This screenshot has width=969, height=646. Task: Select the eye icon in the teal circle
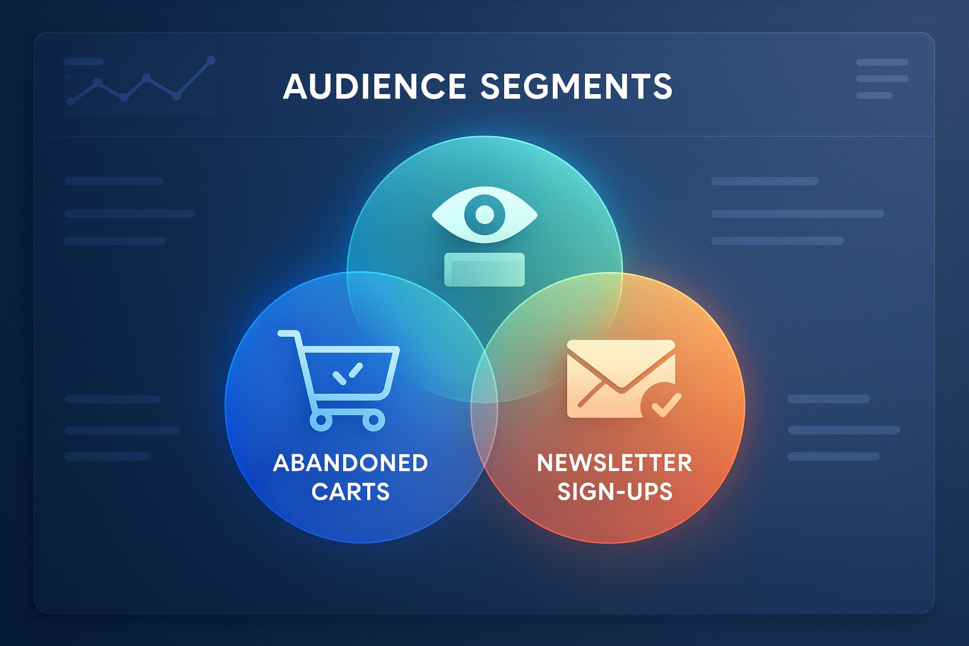[x=484, y=214]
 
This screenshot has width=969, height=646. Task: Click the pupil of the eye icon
[x=484, y=214]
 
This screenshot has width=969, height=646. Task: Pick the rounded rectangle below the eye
[x=484, y=269]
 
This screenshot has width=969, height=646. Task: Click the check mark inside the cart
[x=348, y=374]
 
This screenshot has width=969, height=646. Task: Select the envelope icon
[x=621, y=379]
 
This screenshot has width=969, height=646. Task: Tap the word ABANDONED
[x=350, y=463]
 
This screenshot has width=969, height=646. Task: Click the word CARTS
[x=350, y=491]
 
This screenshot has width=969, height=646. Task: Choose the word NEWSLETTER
[x=614, y=463]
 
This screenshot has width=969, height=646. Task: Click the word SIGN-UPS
[x=614, y=491]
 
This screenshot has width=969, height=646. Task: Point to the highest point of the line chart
[x=211, y=60]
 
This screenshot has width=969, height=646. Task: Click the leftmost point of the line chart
[x=71, y=102]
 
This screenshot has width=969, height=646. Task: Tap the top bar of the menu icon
[x=882, y=62]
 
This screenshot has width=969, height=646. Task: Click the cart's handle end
[x=280, y=334]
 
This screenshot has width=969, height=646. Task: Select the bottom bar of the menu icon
[x=874, y=96]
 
